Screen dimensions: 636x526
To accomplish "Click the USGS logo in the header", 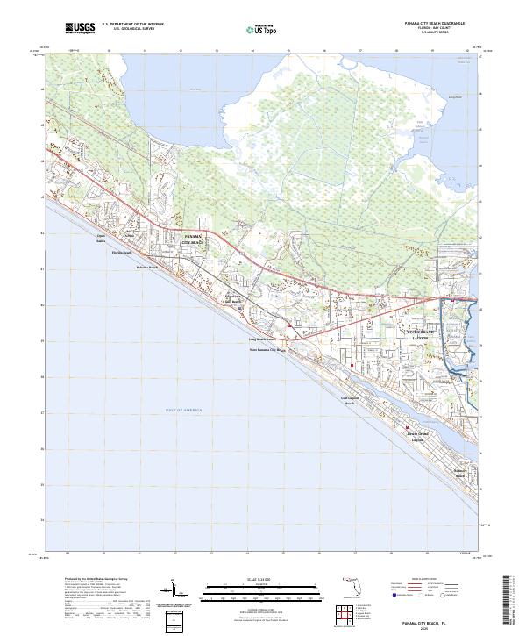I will pos(80,29).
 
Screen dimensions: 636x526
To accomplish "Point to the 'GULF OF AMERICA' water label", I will pos(183,411).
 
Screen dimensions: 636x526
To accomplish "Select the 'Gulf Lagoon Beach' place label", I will pos(348,400).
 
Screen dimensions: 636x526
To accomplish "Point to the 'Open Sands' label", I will pos(101,239).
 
